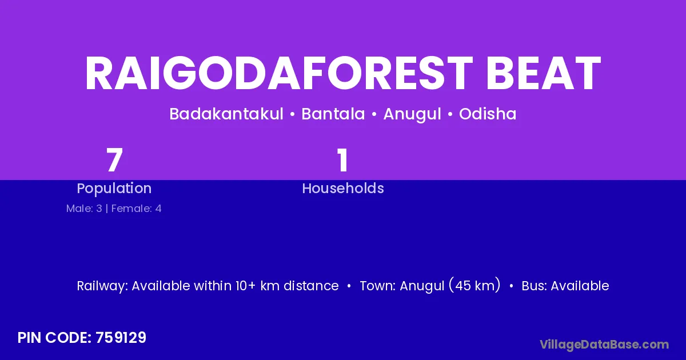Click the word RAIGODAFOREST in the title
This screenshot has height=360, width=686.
[x=279, y=73]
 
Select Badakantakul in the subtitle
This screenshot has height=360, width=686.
[x=226, y=114]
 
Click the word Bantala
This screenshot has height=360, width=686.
[x=333, y=114]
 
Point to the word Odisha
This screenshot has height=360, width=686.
[x=488, y=114]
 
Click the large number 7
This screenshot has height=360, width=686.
[x=114, y=160]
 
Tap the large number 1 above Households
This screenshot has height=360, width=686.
[x=343, y=160]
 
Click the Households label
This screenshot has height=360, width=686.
[x=343, y=188]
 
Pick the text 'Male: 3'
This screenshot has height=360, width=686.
[x=84, y=209]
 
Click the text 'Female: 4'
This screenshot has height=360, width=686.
[x=136, y=209]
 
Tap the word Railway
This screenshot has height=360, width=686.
[x=102, y=286]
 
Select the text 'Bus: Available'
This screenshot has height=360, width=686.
[x=565, y=286]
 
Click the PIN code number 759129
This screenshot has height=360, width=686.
[x=121, y=338]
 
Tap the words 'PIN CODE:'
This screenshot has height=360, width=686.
[x=55, y=338]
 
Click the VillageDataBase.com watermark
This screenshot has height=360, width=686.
[x=604, y=345]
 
